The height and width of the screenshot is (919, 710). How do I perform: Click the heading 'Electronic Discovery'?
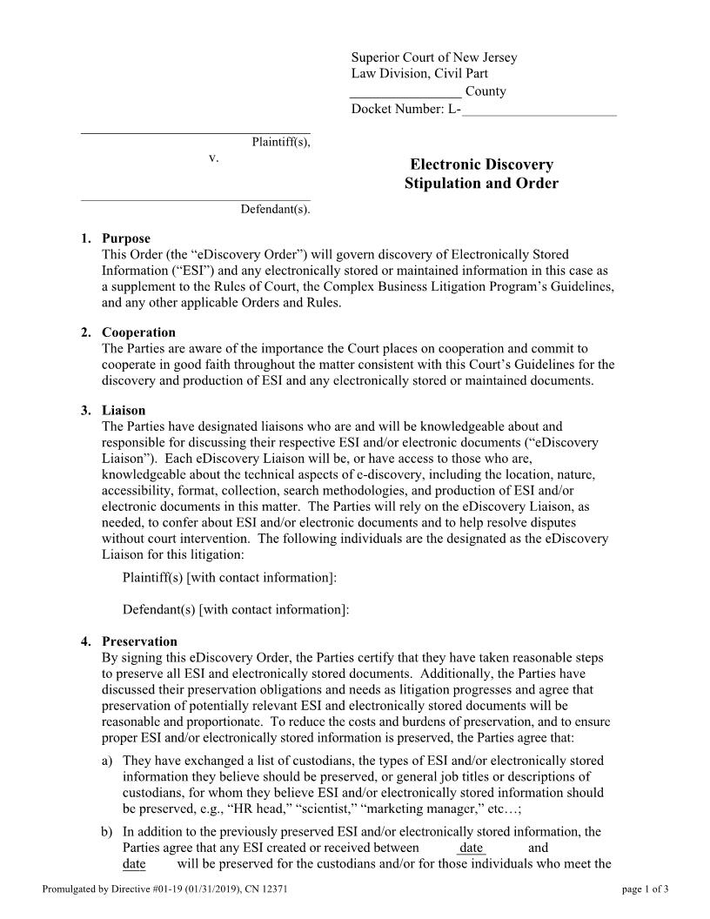(x=481, y=164)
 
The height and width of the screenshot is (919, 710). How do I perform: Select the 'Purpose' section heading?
(x=126, y=238)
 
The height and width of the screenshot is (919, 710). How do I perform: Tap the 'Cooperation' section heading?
(x=138, y=332)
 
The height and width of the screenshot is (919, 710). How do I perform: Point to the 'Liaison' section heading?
(x=124, y=410)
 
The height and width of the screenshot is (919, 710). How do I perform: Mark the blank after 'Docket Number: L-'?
(x=539, y=110)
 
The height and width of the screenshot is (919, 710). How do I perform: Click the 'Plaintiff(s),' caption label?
(x=280, y=142)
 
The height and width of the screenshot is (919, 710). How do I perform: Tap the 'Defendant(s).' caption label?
(x=275, y=209)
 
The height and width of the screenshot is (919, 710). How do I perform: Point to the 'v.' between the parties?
(x=213, y=158)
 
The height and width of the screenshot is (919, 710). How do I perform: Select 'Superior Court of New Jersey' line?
(x=434, y=57)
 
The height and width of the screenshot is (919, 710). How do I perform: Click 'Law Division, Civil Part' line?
(x=419, y=74)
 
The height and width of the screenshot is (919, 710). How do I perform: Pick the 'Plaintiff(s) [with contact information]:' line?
(x=230, y=578)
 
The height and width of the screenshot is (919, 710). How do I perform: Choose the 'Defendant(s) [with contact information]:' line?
(x=236, y=610)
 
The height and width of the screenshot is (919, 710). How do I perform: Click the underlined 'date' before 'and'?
(x=472, y=848)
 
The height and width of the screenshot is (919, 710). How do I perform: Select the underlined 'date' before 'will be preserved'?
(x=134, y=864)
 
